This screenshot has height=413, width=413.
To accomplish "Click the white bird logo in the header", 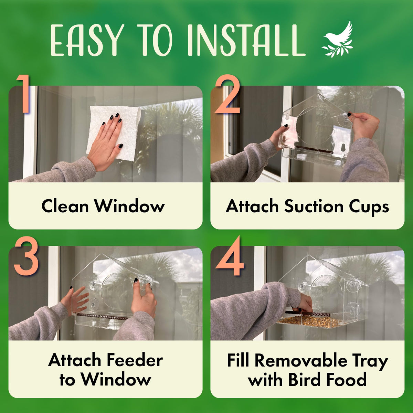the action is [x=337, y=40].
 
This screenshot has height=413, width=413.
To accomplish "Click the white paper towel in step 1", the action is [x=114, y=133].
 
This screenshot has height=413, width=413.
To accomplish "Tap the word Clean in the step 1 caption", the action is [x=65, y=206].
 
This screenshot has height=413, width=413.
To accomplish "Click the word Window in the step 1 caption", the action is [x=130, y=206].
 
